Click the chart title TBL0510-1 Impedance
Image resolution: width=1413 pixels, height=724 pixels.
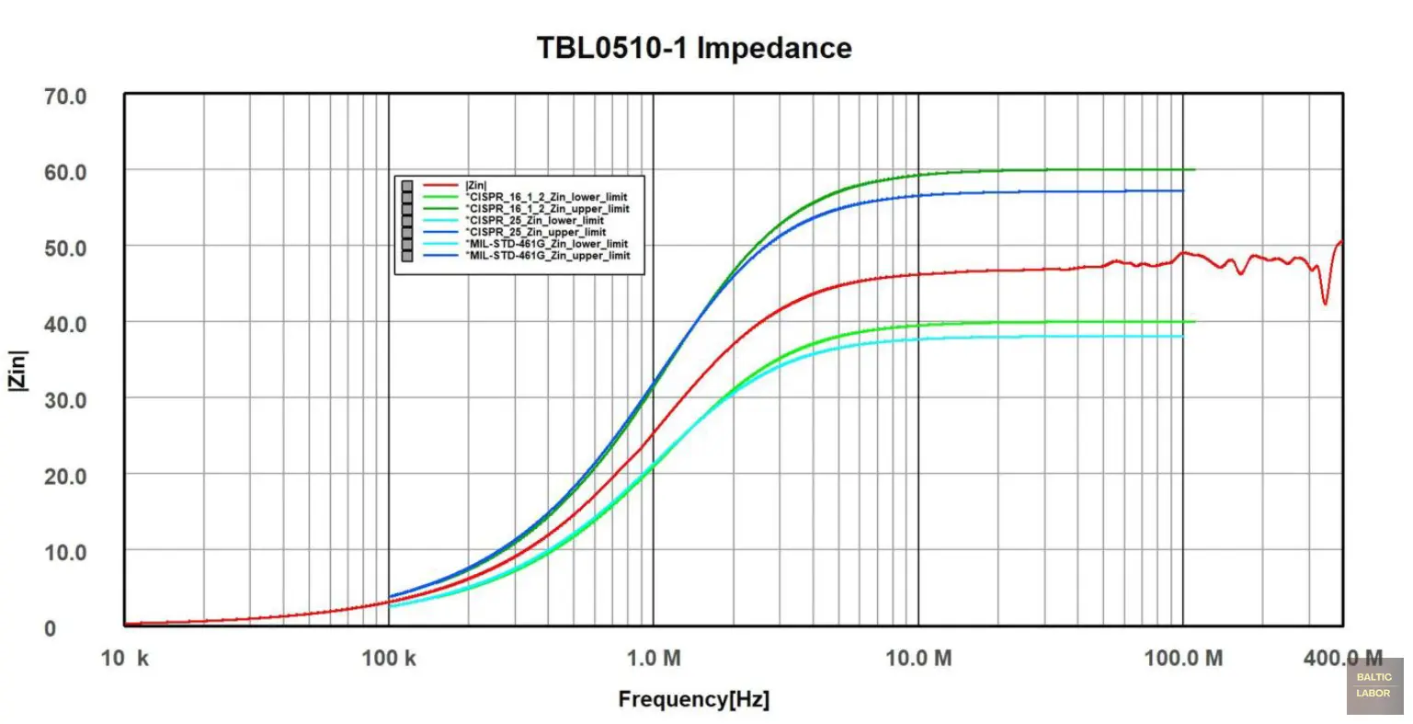pos(694,48)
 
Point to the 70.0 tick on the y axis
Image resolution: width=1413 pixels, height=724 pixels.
pos(65,96)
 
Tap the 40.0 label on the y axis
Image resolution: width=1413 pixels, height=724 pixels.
pos(65,324)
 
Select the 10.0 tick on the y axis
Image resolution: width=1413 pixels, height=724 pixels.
pos(65,552)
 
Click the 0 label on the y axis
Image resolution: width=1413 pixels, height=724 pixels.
pos(51,629)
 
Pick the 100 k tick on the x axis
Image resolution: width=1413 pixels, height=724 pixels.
pos(389,658)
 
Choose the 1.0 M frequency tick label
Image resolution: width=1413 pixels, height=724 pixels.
pos(654,658)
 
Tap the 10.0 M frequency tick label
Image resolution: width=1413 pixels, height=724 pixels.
pos(918,658)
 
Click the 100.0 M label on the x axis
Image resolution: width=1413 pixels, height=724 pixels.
pos(1183,658)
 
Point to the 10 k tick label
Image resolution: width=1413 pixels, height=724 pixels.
pos(125,658)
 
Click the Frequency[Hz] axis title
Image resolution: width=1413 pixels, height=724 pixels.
pos(694,699)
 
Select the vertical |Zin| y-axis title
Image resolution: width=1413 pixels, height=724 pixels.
pos(19,370)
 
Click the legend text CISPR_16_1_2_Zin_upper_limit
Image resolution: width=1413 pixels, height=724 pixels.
pos(549,209)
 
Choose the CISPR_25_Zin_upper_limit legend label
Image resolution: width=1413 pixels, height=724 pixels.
pos(538,232)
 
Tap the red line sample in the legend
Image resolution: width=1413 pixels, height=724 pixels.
pos(440,186)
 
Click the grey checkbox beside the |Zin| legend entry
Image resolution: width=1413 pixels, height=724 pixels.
pos(406,186)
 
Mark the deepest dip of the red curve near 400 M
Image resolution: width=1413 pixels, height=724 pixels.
pos(1325,303)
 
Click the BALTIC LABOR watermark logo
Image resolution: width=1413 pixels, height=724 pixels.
pos(1374,685)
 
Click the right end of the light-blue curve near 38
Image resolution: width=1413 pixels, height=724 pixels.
pos(1182,337)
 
